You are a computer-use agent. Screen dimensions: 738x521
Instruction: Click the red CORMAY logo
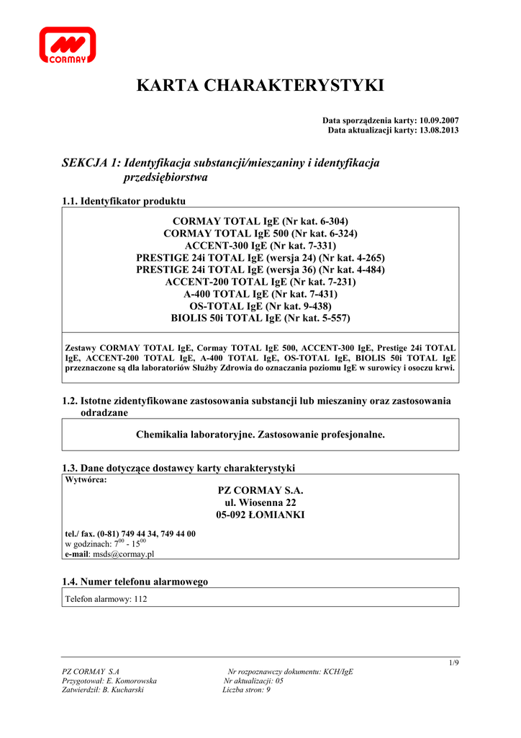[x=67, y=46]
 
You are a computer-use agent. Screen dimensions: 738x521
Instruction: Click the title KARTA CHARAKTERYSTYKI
[x=260, y=86]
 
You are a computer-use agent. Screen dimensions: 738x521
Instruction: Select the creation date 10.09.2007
[x=439, y=120]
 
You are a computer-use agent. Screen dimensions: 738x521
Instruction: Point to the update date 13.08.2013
[x=439, y=130]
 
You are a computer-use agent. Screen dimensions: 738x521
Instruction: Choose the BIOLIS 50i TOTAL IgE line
[x=260, y=318]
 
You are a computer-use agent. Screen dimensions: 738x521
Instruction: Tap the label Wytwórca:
[x=86, y=479]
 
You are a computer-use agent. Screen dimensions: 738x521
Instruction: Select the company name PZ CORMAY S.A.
[x=260, y=490]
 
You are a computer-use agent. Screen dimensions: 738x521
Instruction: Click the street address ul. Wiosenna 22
[x=260, y=502]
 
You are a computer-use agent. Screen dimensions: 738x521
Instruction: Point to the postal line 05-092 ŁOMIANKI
[x=260, y=515]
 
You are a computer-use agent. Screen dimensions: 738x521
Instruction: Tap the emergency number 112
[x=140, y=599]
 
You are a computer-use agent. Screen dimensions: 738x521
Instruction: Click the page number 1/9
[x=453, y=663]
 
